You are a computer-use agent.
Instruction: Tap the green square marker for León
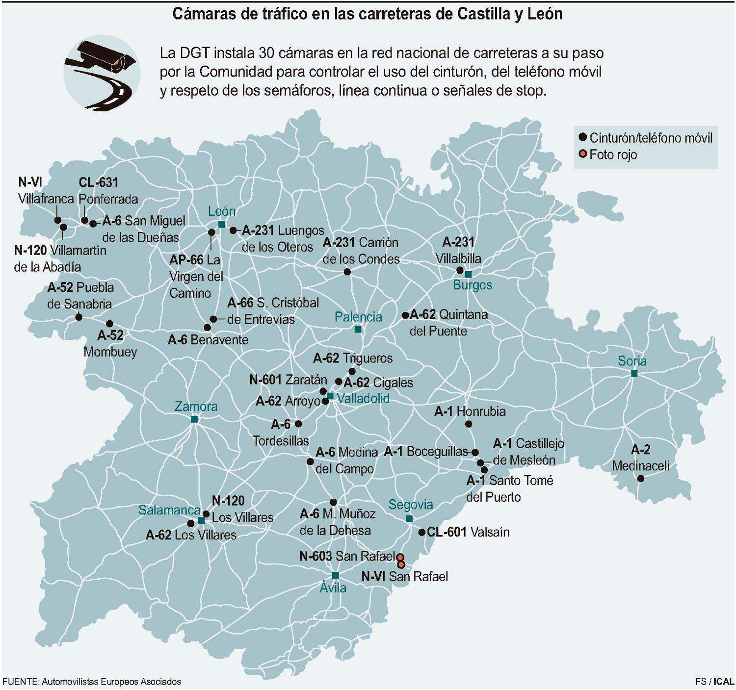[x=222, y=225]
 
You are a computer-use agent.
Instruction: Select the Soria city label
[x=632, y=361]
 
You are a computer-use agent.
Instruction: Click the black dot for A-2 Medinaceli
[x=641, y=478]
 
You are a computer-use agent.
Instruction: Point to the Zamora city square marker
[x=194, y=419]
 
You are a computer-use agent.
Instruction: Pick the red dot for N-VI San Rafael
[x=401, y=564]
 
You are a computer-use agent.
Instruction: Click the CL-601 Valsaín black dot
[x=421, y=532]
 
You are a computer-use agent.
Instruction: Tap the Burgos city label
[x=472, y=285]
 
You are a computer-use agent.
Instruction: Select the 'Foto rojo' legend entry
[x=613, y=154]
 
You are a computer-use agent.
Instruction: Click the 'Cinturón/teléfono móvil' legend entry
[x=651, y=138]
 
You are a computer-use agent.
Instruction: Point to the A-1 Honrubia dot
[x=468, y=424]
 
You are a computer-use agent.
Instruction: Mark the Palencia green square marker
[x=358, y=329]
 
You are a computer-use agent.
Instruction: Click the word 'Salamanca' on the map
[x=169, y=510]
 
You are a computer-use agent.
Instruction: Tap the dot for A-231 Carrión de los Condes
[x=347, y=272]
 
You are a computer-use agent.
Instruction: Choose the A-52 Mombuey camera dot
[x=109, y=324]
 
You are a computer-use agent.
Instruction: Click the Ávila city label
[x=333, y=588]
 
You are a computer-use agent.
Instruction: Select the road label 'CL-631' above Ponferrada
[x=98, y=182]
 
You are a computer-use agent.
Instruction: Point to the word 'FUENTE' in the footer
[x=20, y=682]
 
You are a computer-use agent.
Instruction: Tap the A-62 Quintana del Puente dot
[x=405, y=315]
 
